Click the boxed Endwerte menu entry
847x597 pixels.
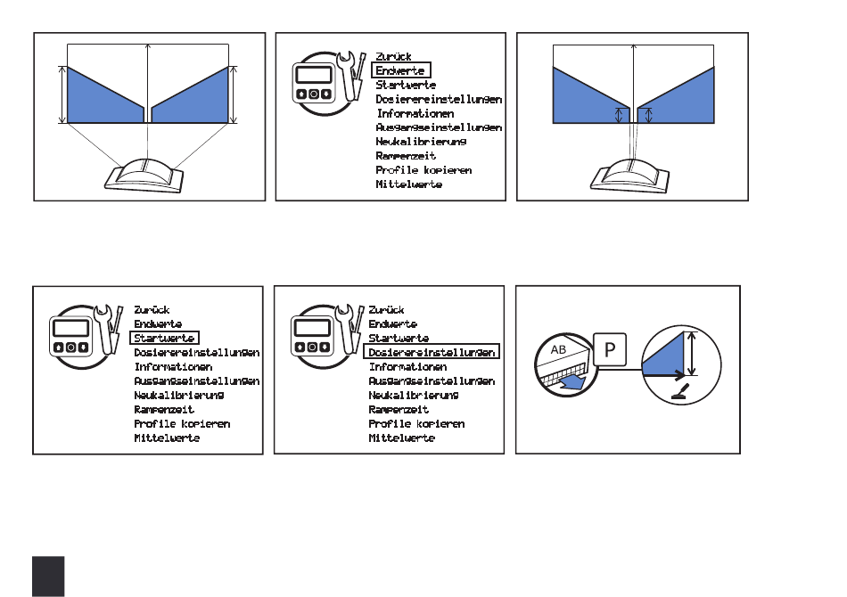pyautogui.click(x=401, y=70)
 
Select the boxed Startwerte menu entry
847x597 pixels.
pyautogui.click(x=165, y=338)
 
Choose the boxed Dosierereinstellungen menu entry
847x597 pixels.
pyautogui.click(x=432, y=353)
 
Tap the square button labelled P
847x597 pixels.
pyautogui.click(x=610, y=350)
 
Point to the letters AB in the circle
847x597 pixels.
pyautogui.click(x=558, y=349)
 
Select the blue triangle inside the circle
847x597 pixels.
pyautogui.click(x=663, y=354)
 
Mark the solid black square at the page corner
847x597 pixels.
pyautogui.click(x=48, y=577)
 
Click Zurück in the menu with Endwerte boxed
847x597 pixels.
pyautogui.click(x=394, y=56)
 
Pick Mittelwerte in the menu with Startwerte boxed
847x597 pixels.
pyautogui.click(x=167, y=438)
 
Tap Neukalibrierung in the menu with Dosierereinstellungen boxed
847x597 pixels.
pyautogui.click(x=414, y=395)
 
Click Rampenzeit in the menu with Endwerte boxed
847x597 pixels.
pyautogui.click(x=406, y=156)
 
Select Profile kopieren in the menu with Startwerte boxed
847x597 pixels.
pyautogui.click(x=182, y=424)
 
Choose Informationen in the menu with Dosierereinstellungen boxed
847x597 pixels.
pyautogui.click(x=407, y=367)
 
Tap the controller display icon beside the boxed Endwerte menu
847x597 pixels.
pyautogui.click(x=314, y=83)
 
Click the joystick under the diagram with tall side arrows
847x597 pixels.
pyautogui.click(x=144, y=176)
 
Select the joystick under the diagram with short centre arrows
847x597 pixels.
pyautogui.click(x=629, y=176)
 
